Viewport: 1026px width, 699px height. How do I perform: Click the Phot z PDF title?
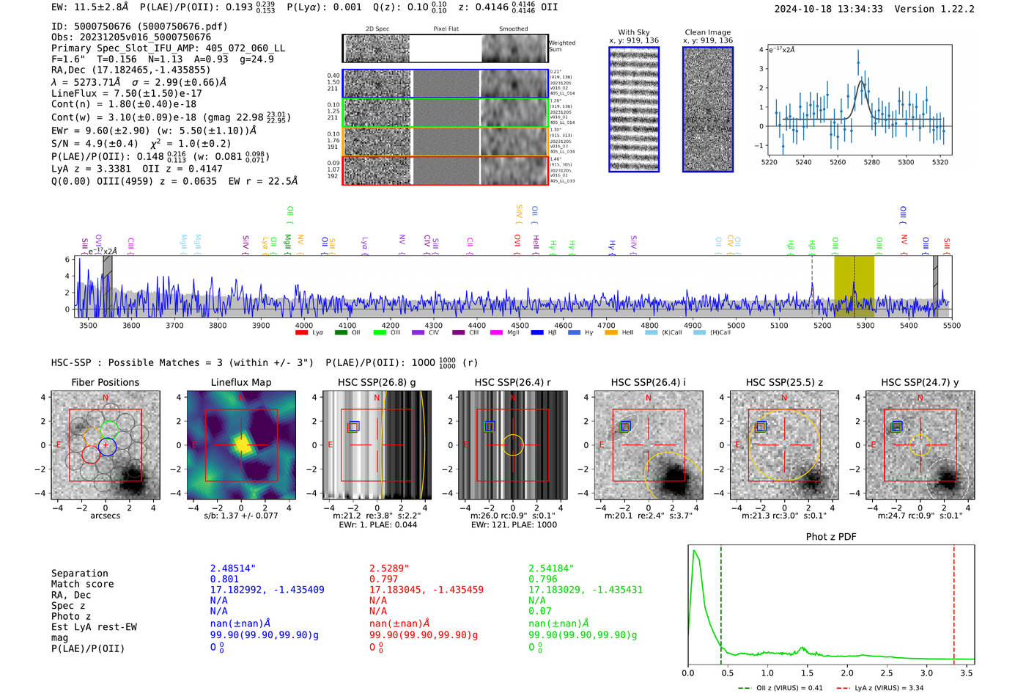[831, 537]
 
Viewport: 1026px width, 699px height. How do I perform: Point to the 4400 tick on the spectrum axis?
[476, 326]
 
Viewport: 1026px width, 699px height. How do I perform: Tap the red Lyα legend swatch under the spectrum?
[301, 333]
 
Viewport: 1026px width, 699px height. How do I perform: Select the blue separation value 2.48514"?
[232, 568]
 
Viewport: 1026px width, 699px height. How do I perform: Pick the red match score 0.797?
[383, 579]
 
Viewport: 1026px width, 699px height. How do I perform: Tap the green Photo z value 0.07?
[539, 611]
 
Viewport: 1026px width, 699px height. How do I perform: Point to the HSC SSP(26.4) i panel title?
[648, 382]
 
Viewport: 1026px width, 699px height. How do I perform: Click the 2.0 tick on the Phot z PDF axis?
[847, 673]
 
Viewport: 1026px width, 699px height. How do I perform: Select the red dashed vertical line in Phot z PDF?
[953, 601]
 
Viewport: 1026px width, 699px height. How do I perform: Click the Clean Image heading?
[707, 32]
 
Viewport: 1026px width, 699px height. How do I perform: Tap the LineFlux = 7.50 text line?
[127, 94]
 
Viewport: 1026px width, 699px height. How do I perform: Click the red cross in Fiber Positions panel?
[106, 445]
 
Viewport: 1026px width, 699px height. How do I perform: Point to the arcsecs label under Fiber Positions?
[105, 516]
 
